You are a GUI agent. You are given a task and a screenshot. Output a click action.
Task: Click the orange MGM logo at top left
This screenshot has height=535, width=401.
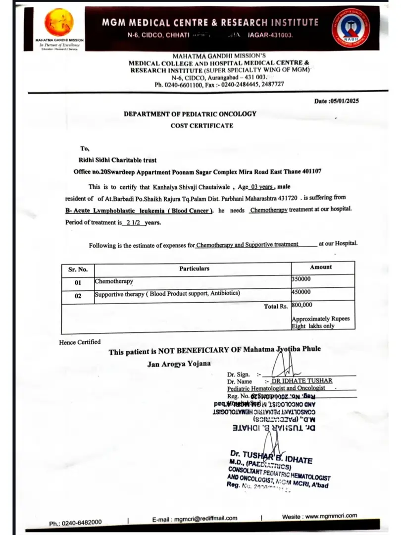[59, 22]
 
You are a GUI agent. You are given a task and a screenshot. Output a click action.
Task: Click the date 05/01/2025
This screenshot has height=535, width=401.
[343, 101]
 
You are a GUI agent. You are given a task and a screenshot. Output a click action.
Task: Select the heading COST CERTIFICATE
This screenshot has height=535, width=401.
[201, 126]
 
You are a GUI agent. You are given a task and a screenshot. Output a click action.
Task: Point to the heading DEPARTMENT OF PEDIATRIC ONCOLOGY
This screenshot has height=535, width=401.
[190, 114]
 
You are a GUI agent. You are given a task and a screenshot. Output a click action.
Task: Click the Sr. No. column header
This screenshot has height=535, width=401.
[78, 269]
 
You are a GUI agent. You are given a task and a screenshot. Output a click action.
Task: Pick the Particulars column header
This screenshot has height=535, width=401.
[194, 268]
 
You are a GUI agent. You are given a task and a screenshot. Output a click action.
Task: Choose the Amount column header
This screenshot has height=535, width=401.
[321, 267]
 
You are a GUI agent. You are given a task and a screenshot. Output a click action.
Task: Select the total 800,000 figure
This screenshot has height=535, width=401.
[302, 305]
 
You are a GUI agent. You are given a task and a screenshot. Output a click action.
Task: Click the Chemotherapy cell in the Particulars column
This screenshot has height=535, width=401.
[114, 281]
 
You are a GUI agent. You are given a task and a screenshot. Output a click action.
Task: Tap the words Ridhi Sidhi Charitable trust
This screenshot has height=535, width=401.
[118, 160]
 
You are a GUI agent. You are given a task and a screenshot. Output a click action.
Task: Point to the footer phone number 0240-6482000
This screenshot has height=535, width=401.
[83, 523]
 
